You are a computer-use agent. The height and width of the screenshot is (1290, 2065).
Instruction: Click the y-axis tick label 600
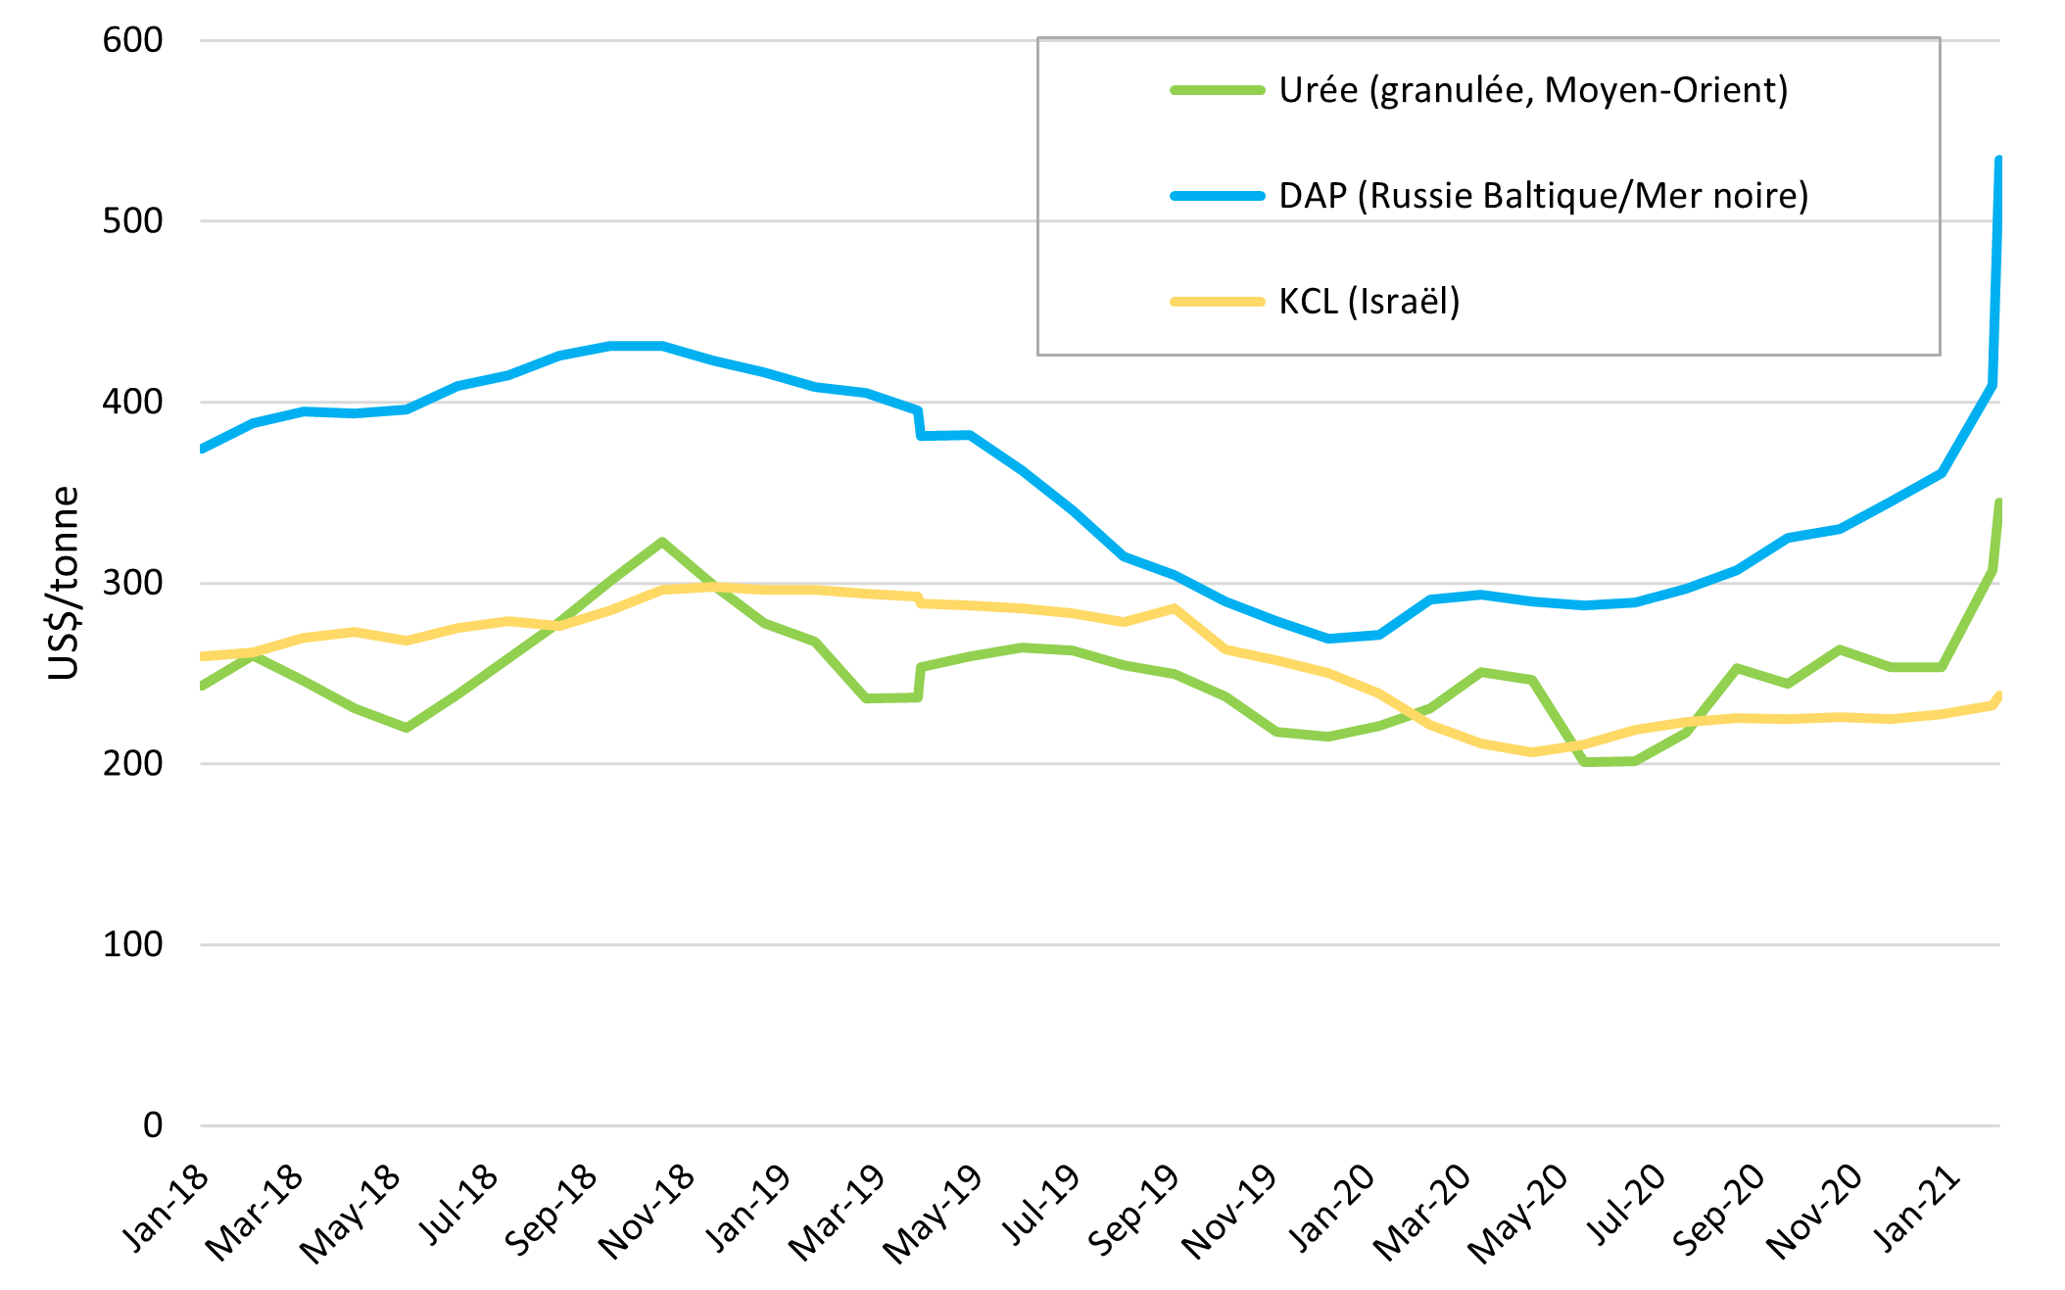coord(132,40)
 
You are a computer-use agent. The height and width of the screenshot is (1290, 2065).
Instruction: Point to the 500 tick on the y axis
coord(132,220)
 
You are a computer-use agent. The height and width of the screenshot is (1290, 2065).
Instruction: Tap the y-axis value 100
coord(132,944)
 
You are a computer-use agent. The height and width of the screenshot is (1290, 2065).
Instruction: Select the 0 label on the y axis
coord(152,1124)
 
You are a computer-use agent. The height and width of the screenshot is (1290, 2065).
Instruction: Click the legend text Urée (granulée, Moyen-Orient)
coord(1533,90)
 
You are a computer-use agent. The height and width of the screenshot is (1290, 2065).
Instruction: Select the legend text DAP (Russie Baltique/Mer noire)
coord(1543,196)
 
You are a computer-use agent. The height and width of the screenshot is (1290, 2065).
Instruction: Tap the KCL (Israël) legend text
coord(1369,301)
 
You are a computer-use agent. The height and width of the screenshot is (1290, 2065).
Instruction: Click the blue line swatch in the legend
coord(1218,196)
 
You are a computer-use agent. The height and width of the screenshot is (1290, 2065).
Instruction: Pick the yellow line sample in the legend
coord(1218,301)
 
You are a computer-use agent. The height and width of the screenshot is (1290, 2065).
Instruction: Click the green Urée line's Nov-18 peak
coord(662,542)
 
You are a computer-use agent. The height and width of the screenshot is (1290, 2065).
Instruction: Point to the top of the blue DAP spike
coord(1998,160)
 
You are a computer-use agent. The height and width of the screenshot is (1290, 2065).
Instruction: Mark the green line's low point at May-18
coord(406,728)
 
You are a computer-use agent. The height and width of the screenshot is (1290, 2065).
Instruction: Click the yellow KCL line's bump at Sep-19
coord(1174,608)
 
